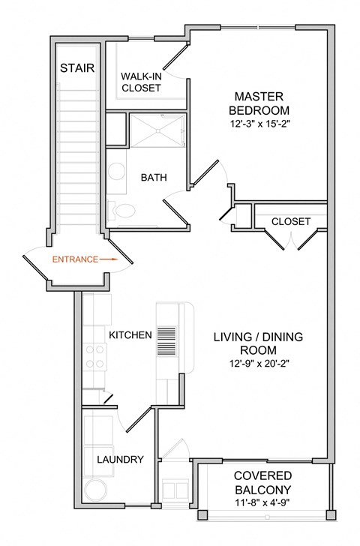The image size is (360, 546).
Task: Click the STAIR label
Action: pyautogui.click(x=78, y=68)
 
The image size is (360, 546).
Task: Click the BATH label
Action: pyautogui.click(x=154, y=178)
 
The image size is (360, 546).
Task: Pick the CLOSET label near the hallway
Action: pyautogui.click(x=290, y=221)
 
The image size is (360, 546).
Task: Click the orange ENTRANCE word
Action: pyautogui.click(x=74, y=259)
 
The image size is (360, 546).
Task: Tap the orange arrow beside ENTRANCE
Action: pyautogui.click(x=109, y=259)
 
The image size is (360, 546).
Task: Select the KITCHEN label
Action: pyautogui.click(x=131, y=334)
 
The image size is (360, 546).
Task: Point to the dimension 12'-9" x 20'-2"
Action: pyautogui.click(x=259, y=364)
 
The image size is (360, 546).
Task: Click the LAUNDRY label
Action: pyautogui.click(x=119, y=460)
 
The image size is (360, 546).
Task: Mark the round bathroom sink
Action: pyautogui.click(x=115, y=172)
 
